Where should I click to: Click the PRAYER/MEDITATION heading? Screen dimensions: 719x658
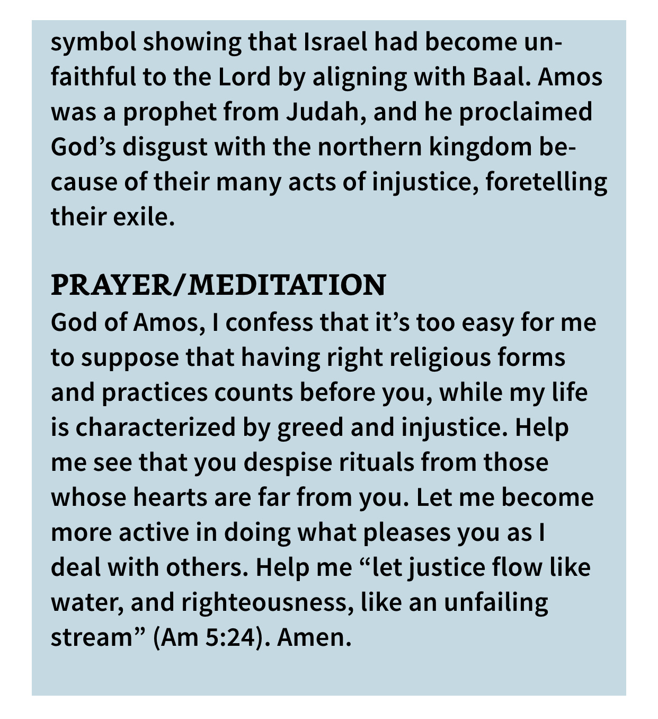[218, 285]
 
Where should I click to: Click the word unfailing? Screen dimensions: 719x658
[495, 603]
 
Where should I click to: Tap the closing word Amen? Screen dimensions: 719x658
[314, 637]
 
